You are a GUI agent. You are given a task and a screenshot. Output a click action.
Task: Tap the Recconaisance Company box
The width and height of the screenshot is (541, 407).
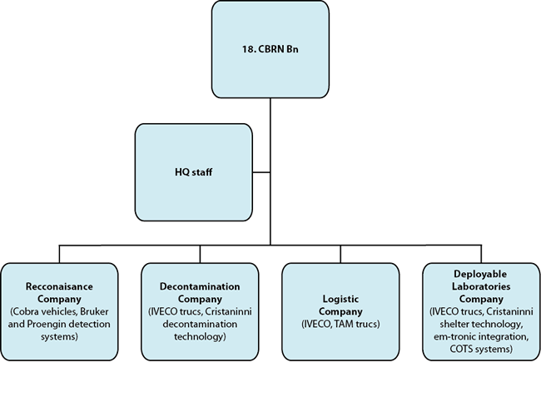(58, 311)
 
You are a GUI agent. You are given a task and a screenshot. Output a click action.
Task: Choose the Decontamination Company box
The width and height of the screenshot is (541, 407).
(199, 311)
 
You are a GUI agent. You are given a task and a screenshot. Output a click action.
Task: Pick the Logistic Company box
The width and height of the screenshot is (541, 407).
(340, 311)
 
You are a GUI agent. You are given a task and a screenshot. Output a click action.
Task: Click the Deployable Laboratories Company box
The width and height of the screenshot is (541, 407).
(479, 311)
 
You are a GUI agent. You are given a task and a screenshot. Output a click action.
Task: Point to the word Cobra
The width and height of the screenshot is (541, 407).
(26, 311)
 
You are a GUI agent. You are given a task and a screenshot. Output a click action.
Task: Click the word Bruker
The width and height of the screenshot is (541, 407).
(92, 311)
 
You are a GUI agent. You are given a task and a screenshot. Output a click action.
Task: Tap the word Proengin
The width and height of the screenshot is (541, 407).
(49, 324)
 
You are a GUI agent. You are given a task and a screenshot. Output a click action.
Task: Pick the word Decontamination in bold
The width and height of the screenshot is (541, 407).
(199, 286)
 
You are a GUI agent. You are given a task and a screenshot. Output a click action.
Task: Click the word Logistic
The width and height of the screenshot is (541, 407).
(340, 297)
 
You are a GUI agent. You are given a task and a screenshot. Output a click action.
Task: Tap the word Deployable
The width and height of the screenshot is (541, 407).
(479, 273)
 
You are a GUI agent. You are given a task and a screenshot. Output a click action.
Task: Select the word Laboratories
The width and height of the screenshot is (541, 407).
(479, 285)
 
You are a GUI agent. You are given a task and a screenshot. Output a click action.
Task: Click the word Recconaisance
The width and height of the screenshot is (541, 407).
(58, 286)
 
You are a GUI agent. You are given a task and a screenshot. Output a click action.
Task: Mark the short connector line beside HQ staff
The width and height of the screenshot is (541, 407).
(261, 172)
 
